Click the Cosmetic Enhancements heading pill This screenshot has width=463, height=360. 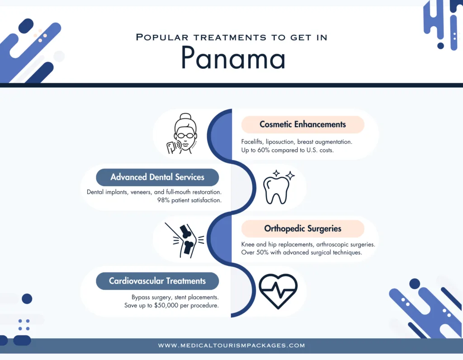pyautogui.click(x=302, y=124)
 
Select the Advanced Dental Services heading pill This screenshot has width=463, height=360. pyautogui.click(x=157, y=177)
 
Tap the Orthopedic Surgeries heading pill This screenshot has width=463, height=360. pyautogui.click(x=302, y=228)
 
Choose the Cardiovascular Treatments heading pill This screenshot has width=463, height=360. pyautogui.click(x=157, y=281)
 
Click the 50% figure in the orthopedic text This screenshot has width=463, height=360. pyautogui.click(x=265, y=252)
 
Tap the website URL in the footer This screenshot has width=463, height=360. pyautogui.click(x=231, y=346)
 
